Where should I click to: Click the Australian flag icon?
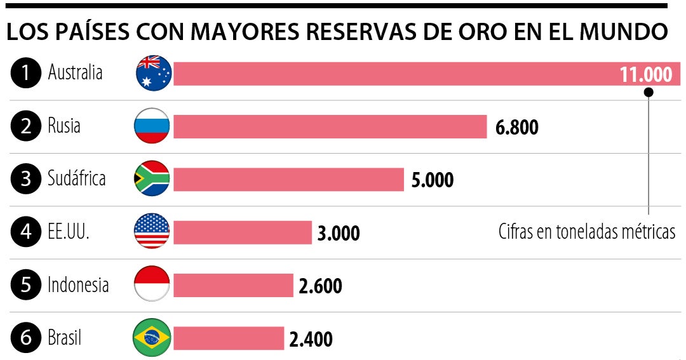coord(154,73)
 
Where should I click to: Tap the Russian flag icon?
coord(152,126)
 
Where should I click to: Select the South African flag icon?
coord(152,178)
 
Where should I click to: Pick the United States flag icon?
coord(152,231)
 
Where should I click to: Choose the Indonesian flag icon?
coord(152,284)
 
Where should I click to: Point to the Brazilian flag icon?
coord(152,337)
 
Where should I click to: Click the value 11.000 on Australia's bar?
coord(646,75)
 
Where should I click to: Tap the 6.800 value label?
coord(516,128)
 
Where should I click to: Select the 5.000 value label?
coord(433,180)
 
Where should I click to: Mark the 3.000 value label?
coord(339,234)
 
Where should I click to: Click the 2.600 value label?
coord(320,286)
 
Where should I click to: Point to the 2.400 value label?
coord(311,339)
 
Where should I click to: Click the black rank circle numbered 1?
coord(25,73)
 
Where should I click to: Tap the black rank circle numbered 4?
coord(25,232)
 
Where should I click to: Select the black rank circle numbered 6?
coord(25,337)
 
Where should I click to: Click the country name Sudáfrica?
coord(76,178)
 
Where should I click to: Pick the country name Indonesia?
coord(78,284)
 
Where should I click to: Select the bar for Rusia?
coord(330,126)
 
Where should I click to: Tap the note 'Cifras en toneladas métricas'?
coord(586,232)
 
